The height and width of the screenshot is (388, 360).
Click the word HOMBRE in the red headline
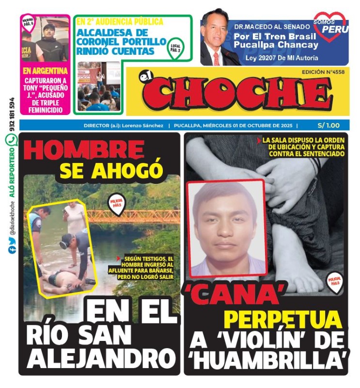[x=83, y=150]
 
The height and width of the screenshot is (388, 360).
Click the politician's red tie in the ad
[x=216, y=58]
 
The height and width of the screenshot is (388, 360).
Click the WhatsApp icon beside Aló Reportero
[x=11, y=141]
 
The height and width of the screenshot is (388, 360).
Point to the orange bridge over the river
[x=131, y=214]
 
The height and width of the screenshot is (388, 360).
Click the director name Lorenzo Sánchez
[x=142, y=125]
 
